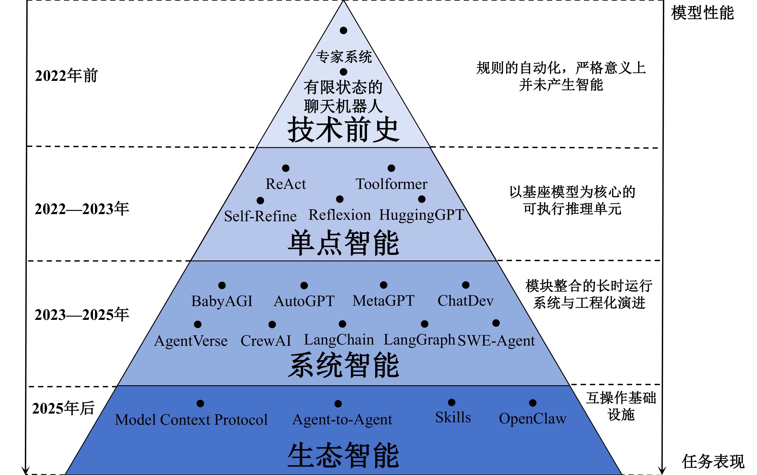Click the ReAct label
285,184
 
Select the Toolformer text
391,184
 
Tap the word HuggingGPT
422,215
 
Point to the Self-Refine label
260,216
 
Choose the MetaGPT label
383,301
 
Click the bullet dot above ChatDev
465,285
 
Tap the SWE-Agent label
496,341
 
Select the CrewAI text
266,341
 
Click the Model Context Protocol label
191,420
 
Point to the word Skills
453,418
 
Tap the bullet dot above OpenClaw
533,403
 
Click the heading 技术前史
343,129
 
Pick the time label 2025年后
63,408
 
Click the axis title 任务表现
713,461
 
